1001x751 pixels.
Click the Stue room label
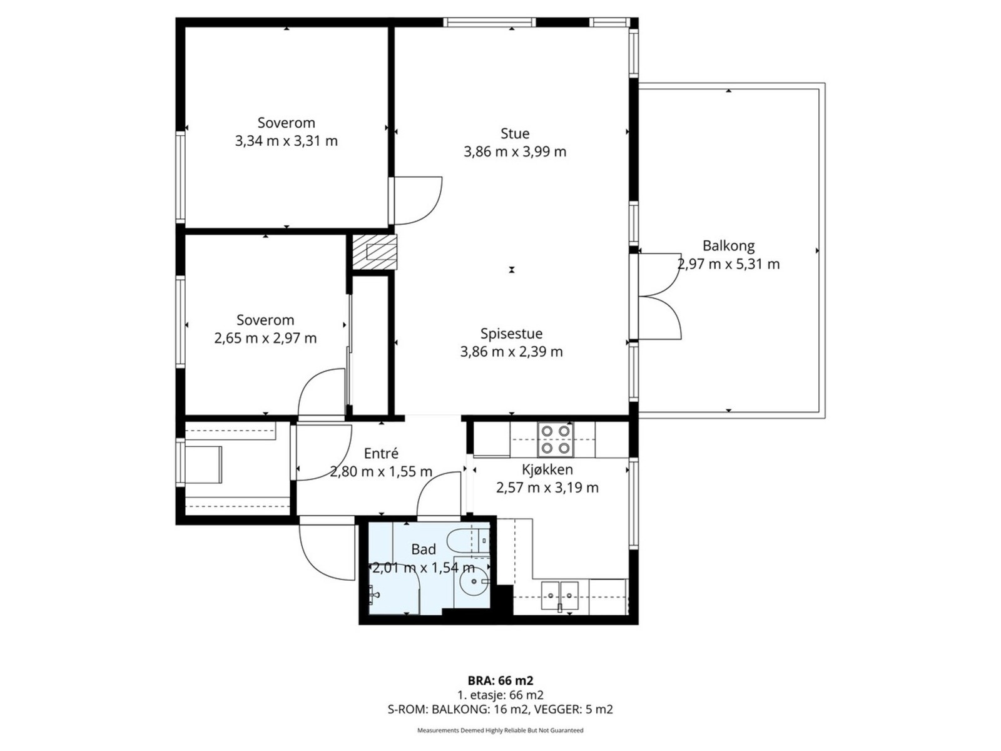(515, 133)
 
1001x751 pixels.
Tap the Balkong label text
(728, 246)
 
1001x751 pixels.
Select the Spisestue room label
(511, 334)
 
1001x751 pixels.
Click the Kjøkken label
(547, 469)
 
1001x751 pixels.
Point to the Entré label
(381, 453)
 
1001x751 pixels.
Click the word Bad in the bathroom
(423, 549)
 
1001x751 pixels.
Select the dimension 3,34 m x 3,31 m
(287, 141)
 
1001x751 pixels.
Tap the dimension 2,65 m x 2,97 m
(265, 339)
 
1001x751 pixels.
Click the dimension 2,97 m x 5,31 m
(729, 264)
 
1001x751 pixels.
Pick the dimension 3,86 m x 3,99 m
(515, 152)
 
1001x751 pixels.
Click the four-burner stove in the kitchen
(556, 439)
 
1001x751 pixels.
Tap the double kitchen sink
(560, 595)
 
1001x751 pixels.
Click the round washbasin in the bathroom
(474, 581)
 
